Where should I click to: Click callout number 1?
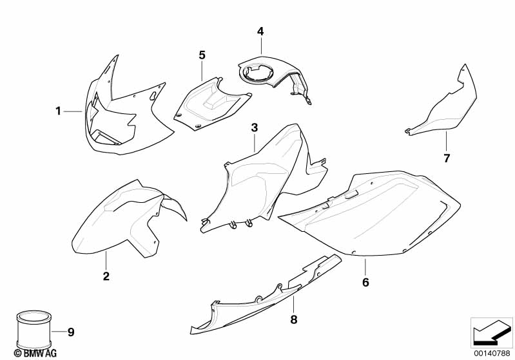click(58, 111)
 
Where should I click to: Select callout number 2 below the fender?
click(106, 276)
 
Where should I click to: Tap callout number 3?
click(255, 128)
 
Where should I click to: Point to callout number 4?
click(260, 32)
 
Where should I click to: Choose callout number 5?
click(202, 55)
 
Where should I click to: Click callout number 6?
click(365, 282)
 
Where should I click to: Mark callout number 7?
click(447, 158)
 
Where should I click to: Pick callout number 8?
click(294, 319)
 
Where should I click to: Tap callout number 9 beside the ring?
click(71, 332)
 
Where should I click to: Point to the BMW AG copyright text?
click(35, 353)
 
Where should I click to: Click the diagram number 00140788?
click(492, 353)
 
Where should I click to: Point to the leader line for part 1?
click(73, 111)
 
